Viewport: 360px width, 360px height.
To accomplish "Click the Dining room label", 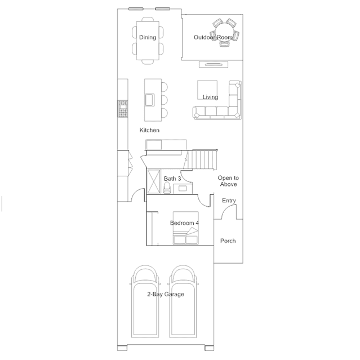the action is (148, 37).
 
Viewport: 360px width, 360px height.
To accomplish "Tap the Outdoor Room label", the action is (213, 37).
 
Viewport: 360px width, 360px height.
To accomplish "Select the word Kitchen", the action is (149, 130).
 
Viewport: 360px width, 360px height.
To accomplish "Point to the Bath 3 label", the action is (172, 179).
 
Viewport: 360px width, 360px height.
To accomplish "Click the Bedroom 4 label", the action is (184, 223).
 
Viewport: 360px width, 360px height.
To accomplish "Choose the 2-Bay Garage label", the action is (166, 294).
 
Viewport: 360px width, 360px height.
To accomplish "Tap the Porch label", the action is (228, 241).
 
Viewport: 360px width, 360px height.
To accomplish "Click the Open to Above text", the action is (228, 181).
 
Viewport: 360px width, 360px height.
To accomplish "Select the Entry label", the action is (229, 201).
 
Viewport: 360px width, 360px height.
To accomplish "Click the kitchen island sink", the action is (150, 100).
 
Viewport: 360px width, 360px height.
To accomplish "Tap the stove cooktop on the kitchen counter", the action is (123, 109).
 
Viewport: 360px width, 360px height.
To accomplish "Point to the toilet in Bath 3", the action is (167, 188).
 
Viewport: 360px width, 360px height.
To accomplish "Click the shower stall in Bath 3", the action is (154, 181).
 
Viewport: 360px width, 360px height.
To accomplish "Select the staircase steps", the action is (202, 160).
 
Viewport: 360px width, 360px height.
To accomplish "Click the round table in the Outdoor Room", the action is (224, 32).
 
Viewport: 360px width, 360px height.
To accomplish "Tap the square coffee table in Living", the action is (207, 90).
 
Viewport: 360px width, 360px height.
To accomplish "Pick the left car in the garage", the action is (145, 301).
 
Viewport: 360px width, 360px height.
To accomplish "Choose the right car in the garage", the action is (183, 301).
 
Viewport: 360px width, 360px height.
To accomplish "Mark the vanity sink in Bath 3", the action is (183, 189).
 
